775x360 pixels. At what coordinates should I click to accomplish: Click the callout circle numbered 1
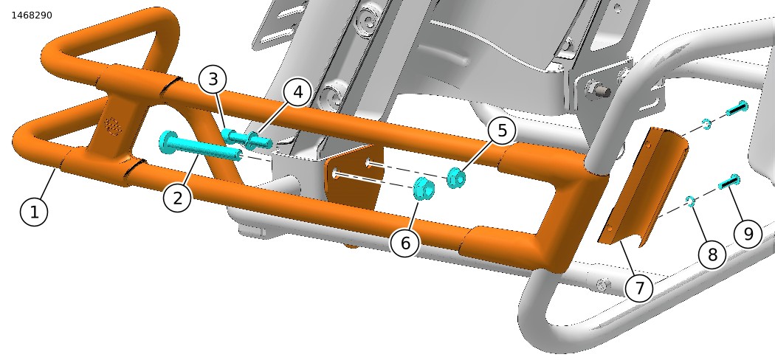[x=34, y=212]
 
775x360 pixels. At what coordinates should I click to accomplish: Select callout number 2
[x=177, y=197]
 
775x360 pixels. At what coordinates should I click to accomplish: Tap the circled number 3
[x=213, y=79]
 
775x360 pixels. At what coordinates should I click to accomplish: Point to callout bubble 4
[x=297, y=92]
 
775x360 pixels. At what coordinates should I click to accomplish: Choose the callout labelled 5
[x=502, y=131]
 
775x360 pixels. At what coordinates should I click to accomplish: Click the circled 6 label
[x=404, y=243]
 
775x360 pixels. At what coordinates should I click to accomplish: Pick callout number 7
[x=640, y=287]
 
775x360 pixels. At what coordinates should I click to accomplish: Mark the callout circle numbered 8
[x=712, y=255]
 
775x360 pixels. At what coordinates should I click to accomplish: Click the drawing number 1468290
[x=32, y=15]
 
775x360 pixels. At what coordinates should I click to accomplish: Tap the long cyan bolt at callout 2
[x=200, y=148]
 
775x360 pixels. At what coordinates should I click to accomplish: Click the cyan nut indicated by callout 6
[x=423, y=188]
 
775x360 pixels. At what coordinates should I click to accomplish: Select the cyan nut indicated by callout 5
[x=455, y=177]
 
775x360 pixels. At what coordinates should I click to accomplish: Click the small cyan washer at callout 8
[x=690, y=201]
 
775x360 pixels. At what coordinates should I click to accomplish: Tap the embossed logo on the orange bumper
[x=113, y=126]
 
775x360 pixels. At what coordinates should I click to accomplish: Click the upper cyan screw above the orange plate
[x=737, y=107]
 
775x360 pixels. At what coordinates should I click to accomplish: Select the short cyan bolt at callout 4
[x=259, y=141]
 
